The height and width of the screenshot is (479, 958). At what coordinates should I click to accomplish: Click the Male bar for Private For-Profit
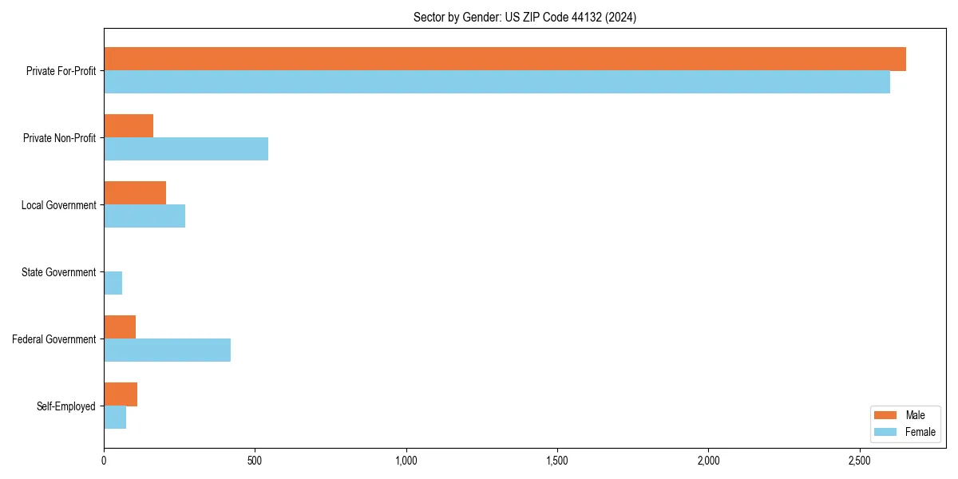505,59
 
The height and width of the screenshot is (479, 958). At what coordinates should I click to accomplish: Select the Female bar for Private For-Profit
497,82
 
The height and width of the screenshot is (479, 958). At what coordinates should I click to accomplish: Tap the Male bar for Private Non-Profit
129,126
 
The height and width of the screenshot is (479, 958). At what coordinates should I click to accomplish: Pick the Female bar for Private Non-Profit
186,149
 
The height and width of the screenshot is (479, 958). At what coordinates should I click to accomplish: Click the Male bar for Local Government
135,193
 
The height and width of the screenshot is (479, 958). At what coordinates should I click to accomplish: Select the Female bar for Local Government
144,216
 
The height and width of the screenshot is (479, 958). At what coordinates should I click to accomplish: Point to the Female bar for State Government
113,283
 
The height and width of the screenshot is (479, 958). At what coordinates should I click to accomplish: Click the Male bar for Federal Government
120,327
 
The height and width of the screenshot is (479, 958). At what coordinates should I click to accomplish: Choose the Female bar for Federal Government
168,350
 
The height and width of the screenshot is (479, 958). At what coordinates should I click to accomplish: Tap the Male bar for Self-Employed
121,394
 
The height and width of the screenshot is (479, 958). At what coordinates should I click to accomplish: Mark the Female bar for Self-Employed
115,418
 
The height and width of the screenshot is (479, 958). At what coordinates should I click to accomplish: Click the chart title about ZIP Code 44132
525,17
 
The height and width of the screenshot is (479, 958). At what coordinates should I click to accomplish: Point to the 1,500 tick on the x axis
557,461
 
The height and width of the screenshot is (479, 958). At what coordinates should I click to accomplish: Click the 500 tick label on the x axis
255,461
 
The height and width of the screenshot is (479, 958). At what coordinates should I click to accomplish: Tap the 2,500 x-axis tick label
860,461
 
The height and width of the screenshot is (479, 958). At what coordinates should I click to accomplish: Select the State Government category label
58,272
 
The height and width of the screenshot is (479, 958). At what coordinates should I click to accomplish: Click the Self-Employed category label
65,406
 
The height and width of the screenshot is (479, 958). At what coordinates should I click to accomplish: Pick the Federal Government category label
53,339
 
